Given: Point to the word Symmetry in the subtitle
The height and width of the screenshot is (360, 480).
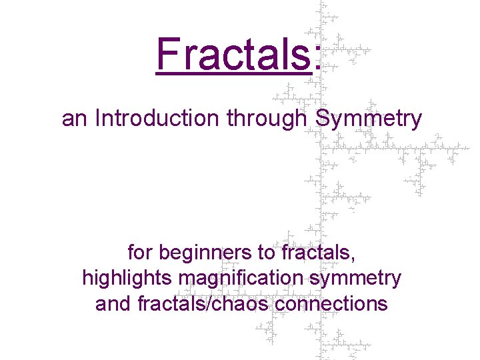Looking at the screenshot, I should pos(369,119).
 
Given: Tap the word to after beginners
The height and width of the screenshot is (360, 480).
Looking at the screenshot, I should pos(265,253).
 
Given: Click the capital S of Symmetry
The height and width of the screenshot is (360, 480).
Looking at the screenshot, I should pos(322,118).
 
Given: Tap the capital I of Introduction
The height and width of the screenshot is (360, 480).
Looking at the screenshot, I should pos(98,118).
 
